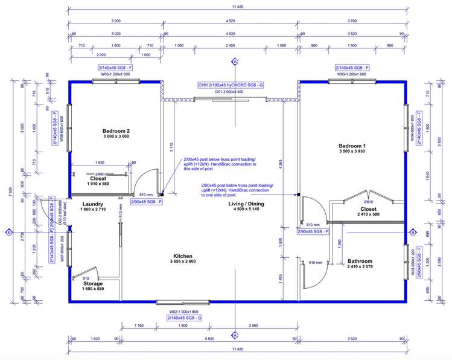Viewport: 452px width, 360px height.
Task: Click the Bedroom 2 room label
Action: tap(116, 131)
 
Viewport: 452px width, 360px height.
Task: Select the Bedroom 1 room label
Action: tap(352, 146)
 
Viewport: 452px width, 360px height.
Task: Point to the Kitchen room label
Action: tap(183, 256)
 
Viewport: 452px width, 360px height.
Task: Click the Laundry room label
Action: tap(93, 204)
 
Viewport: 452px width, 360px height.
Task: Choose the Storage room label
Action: tap(92, 283)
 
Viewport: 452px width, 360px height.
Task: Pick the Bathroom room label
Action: tap(360, 262)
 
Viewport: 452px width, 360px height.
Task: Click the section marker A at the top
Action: tap(235, 62)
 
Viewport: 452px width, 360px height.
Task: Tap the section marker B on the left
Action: tap(9, 232)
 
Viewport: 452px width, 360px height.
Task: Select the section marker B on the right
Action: tap(413, 232)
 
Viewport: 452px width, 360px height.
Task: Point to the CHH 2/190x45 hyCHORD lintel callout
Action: tap(231, 86)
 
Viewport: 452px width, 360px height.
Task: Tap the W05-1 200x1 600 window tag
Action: tap(119, 74)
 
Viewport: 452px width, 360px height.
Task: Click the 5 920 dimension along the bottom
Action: tap(209, 339)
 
